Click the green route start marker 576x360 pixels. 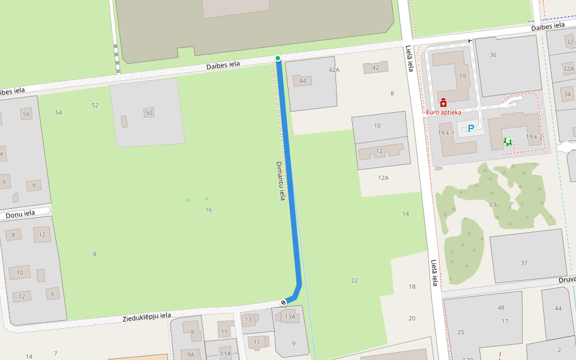(278, 58)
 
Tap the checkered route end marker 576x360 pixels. (283, 302)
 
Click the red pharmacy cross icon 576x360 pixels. (443, 103)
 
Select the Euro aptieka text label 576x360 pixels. (443, 112)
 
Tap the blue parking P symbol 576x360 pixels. (471, 128)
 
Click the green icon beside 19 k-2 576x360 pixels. (508, 142)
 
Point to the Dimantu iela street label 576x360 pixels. (280, 181)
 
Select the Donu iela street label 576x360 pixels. (20, 214)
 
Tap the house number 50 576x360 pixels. (149, 112)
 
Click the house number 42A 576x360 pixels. (334, 70)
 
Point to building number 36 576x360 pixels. (493, 55)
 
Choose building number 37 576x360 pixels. (524, 263)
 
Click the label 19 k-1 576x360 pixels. (446, 133)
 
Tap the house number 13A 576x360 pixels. (290, 317)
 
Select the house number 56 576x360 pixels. (26, 114)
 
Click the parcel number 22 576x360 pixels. (354, 281)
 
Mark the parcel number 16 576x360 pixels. (209, 209)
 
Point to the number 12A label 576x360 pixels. (383, 178)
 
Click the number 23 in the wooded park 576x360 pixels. (493, 205)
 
